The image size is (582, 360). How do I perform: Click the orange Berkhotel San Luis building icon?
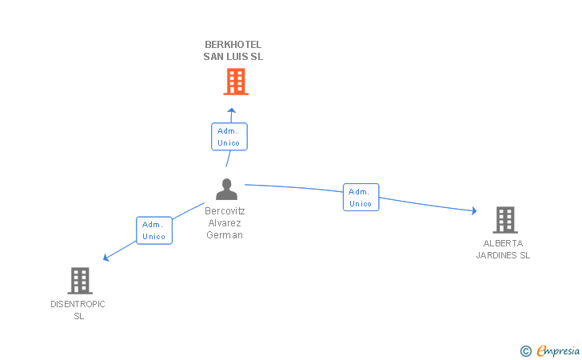point(235,81)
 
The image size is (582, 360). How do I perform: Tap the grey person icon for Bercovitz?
point(227,190)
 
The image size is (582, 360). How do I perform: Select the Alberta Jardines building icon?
point(504,219)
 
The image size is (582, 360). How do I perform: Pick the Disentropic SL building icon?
point(79,281)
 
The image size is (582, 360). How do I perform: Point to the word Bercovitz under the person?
point(225,211)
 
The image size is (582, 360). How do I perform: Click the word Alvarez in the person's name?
point(225,223)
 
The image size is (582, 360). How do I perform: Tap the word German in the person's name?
point(225,235)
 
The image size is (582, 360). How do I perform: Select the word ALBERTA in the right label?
point(503,243)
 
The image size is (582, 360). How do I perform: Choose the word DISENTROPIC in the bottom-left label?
point(78,304)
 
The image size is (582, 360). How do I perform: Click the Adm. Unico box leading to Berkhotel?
point(229,136)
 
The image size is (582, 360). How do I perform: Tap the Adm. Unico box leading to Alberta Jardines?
point(361,197)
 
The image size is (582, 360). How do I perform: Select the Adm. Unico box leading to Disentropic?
point(153,230)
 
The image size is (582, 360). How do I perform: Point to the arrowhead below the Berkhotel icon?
point(231,110)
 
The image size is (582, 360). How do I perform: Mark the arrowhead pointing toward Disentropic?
point(106,257)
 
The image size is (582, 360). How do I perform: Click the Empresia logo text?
point(558,350)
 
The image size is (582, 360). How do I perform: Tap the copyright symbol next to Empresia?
point(525,350)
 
